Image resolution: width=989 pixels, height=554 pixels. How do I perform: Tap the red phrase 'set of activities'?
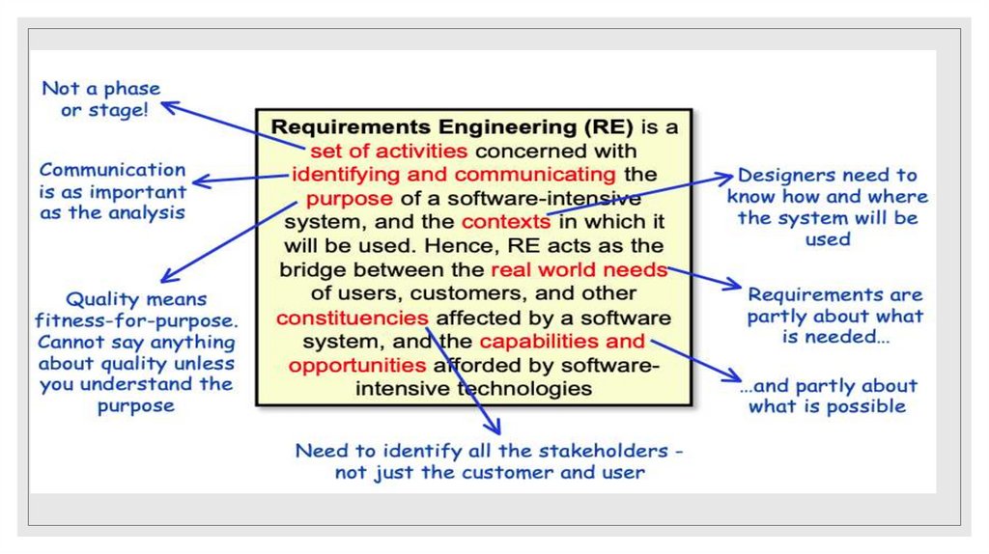(388, 151)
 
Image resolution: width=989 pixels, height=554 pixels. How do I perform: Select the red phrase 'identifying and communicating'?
(453, 175)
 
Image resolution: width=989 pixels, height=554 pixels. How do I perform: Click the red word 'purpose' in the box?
(350, 199)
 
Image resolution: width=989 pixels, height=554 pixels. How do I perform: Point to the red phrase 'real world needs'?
(579, 269)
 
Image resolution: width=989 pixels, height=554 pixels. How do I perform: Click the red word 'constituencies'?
(353, 318)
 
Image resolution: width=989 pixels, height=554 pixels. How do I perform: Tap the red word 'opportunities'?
(357, 365)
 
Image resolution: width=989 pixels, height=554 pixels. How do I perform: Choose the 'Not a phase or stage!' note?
(101, 98)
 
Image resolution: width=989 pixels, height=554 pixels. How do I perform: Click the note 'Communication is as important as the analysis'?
(112, 190)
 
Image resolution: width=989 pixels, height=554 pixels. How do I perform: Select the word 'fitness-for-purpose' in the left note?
(135, 320)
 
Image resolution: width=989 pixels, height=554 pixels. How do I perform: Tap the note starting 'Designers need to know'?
(827, 207)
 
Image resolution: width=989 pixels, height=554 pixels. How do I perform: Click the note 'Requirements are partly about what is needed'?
(834, 316)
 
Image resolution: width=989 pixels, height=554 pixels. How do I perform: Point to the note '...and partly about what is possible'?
(828, 395)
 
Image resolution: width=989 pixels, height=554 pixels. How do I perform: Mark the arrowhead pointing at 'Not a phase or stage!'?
(169, 106)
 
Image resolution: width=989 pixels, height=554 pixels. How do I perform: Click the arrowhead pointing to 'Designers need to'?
(725, 178)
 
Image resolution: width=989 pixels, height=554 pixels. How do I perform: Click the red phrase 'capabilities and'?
(562, 342)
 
